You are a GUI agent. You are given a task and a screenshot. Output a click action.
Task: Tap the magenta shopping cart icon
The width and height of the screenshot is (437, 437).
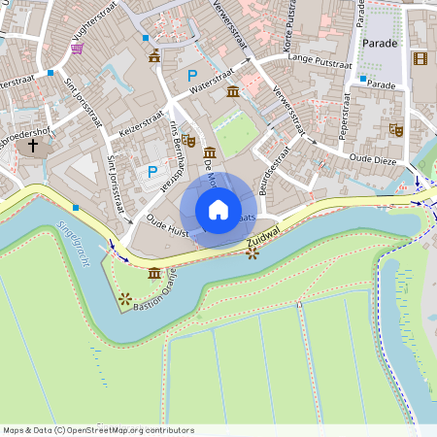click(77, 48)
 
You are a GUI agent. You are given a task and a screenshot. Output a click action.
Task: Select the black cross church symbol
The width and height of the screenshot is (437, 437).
click(34, 146)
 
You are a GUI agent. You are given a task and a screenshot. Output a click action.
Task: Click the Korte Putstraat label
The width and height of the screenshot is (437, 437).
click(288, 34)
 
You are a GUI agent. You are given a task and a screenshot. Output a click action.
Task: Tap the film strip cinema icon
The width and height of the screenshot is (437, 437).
click(419, 58)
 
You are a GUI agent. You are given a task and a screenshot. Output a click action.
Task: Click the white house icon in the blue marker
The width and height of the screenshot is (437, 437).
click(218, 209)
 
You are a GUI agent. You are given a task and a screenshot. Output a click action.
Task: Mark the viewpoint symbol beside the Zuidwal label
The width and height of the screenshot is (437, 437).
click(252, 253)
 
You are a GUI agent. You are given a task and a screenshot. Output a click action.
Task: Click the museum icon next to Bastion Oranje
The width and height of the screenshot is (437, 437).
click(155, 275)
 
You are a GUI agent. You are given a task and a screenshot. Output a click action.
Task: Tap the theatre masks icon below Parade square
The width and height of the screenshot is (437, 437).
click(395, 128)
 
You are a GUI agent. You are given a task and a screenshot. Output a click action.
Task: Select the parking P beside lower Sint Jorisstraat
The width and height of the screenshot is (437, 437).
click(151, 171)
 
